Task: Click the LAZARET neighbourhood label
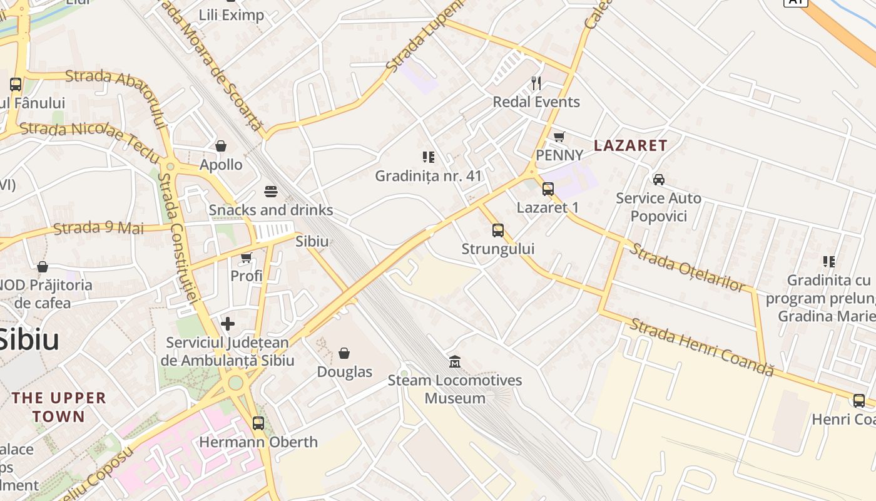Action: pyautogui.click(x=630, y=145)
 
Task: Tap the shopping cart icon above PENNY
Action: pyautogui.click(x=559, y=137)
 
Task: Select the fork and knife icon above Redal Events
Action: pyautogui.click(x=536, y=83)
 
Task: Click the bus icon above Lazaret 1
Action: pyautogui.click(x=548, y=189)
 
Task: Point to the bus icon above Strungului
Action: pyautogui.click(x=498, y=230)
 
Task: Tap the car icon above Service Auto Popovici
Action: pyautogui.click(x=659, y=180)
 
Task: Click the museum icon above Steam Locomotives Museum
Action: pyautogui.click(x=455, y=361)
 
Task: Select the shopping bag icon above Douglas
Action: pyautogui.click(x=344, y=353)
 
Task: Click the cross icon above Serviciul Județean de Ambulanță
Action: pyautogui.click(x=228, y=324)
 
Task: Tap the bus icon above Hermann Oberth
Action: pyautogui.click(x=258, y=423)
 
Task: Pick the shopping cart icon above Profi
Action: pyautogui.click(x=247, y=257)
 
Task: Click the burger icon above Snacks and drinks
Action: pyautogui.click(x=271, y=191)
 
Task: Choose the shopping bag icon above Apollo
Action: pyautogui.click(x=221, y=146)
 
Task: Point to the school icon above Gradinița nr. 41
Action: pyautogui.click(x=429, y=157)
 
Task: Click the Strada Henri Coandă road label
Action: pyautogui.click(x=701, y=347)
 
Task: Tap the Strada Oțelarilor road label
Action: pyautogui.click(x=688, y=267)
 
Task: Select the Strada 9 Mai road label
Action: pyautogui.click(x=98, y=228)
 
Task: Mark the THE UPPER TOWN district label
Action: pyautogui.click(x=59, y=407)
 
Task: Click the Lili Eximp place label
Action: pyautogui.click(x=232, y=15)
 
